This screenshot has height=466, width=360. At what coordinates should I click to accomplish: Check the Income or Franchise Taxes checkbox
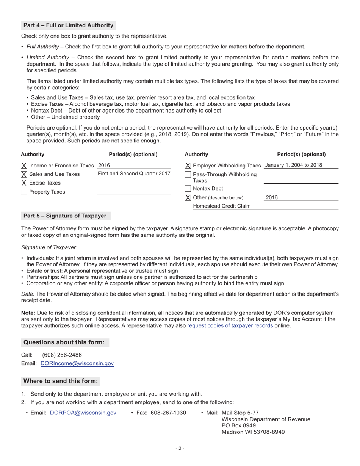[24, 166]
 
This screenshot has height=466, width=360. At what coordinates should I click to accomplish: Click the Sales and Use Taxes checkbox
[24, 174]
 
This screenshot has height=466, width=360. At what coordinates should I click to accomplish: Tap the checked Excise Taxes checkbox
[24, 183]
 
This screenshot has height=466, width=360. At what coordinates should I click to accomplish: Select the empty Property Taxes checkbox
[24, 192]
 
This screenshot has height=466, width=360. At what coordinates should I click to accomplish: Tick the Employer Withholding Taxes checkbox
[188, 166]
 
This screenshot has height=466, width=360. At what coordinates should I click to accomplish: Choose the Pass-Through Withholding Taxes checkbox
[188, 175]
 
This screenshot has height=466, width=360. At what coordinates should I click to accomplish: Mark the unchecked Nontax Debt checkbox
[188, 189]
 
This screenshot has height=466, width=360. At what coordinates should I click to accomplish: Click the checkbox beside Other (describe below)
[188, 198]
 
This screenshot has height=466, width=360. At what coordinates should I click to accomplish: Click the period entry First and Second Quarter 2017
[134, 174]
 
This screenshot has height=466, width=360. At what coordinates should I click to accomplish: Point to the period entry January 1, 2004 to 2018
[294, 165]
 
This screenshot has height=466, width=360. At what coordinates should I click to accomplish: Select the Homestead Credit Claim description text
[222, 206]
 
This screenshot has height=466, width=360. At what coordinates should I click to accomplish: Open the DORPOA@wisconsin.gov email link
[83, 413]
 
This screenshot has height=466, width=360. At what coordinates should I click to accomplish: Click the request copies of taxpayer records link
[230, 325]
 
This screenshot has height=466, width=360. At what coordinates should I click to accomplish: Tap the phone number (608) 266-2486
[62, 355]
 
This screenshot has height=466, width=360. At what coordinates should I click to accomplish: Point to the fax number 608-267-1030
[168, 413]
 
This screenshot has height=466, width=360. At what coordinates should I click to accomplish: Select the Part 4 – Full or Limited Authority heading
[68, 25]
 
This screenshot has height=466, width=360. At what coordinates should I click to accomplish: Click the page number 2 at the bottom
[180, 449]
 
